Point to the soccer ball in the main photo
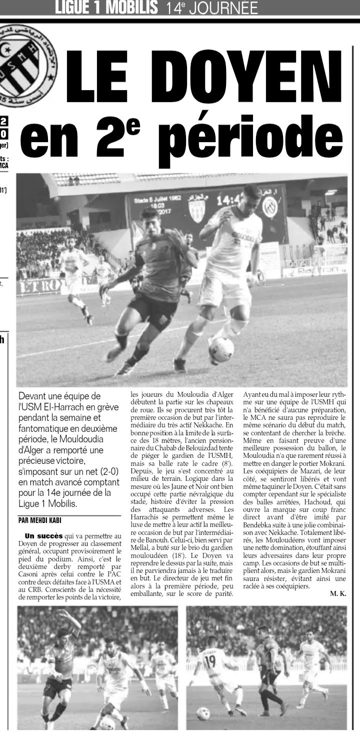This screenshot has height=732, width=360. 221,349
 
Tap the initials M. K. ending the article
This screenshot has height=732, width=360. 338,594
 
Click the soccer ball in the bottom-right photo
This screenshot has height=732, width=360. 203,714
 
